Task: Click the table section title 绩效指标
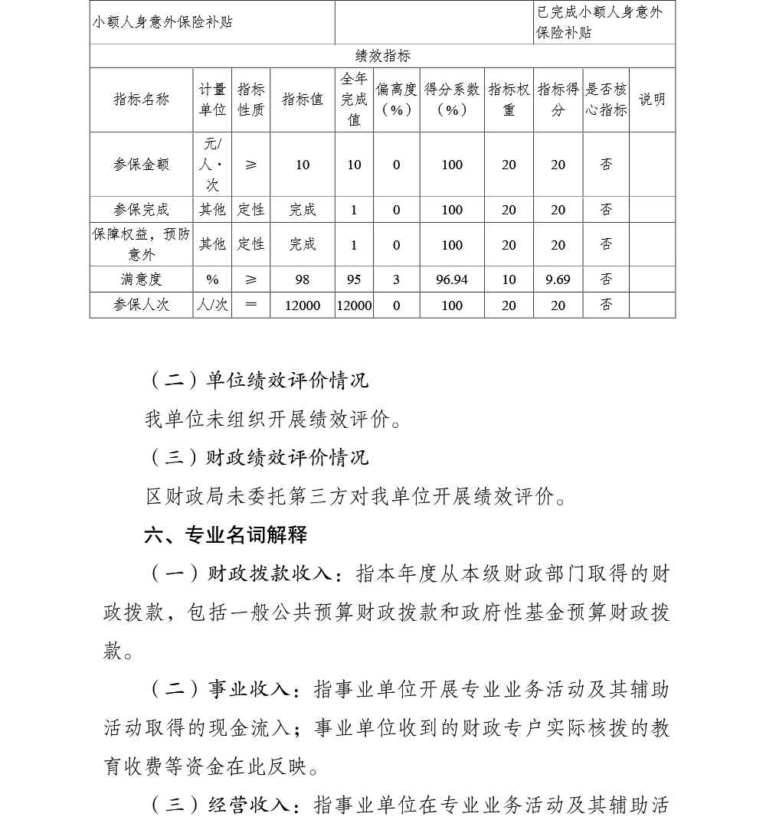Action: [x=383, y=56]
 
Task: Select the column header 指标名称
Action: [x=141, y=100]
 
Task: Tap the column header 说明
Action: [x=652, y=100]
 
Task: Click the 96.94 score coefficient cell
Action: [x=452, y=279]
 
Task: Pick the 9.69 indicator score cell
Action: [x=558, y=279]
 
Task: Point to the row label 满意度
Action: [x=141, y=279]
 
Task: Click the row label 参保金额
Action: [x=141, y=165]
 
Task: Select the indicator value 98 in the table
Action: [x=303, y=279]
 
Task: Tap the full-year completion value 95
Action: [x=354, y=279]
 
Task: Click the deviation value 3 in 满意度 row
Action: [x=396, y=279]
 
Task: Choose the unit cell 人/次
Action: [x=212, y=305]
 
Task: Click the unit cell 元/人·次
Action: [x=212, y=165]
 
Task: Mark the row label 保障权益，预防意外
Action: [x=141, y=244]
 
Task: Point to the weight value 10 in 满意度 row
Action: [x=509, y=279]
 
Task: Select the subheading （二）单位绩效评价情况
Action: [x=257, y=379]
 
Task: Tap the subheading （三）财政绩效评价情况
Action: [x=257, y=457]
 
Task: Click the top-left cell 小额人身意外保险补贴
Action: [x=162, y=21]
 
